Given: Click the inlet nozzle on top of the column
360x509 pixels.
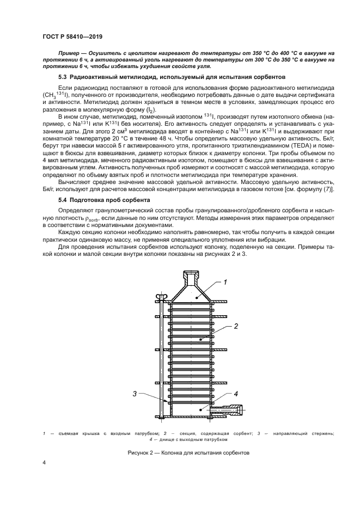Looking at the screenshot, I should click(x=191, y=277).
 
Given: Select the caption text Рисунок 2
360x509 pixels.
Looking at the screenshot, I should click(x=142, y=452).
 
